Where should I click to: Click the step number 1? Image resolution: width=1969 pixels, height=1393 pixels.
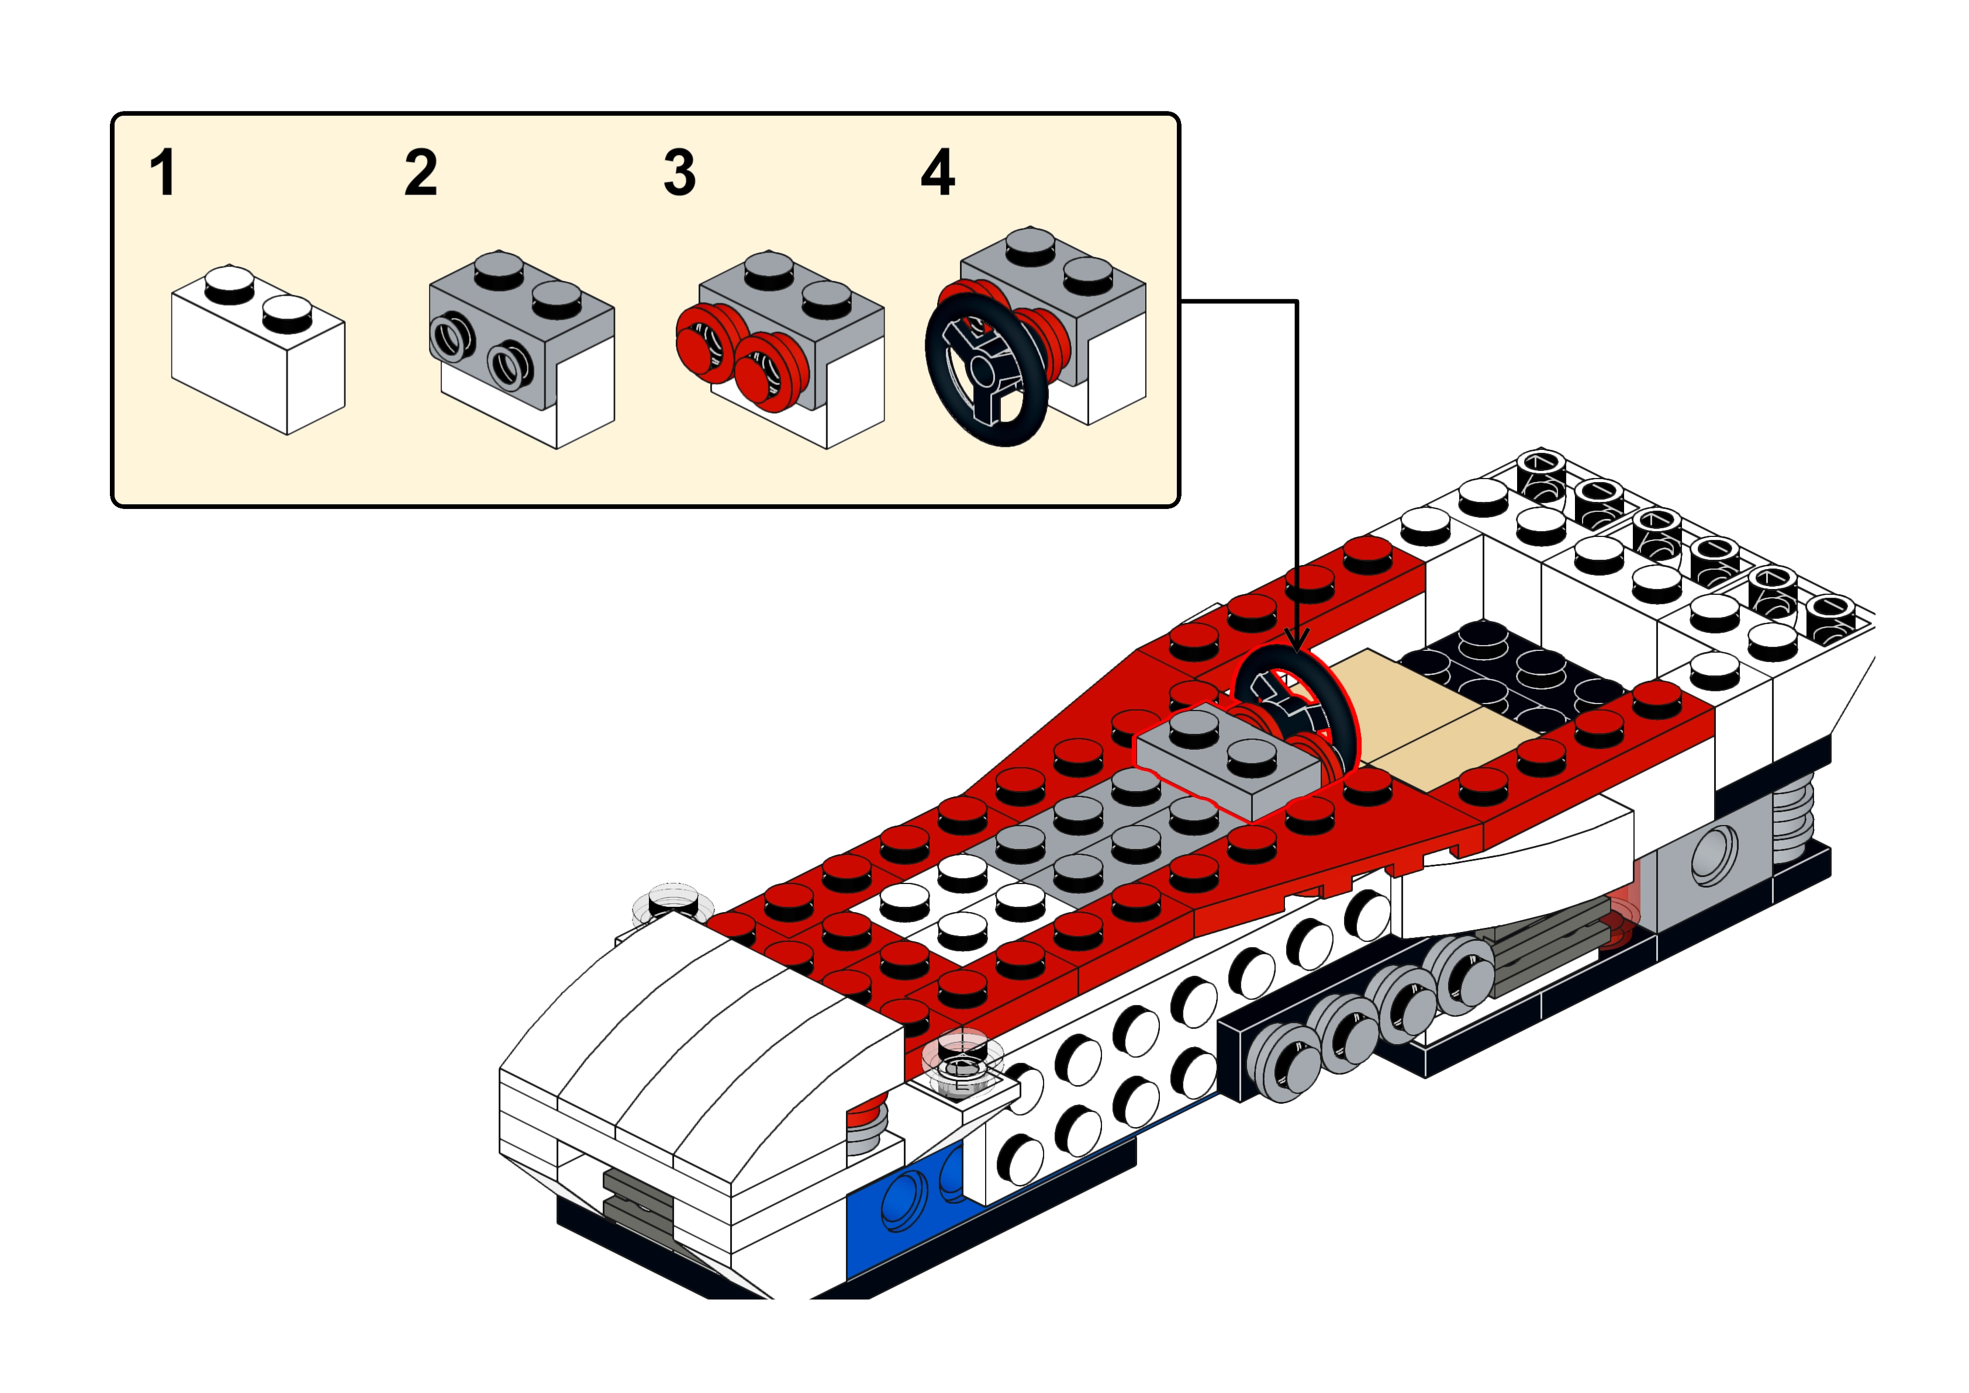pyautogui.click(x=163, y=174)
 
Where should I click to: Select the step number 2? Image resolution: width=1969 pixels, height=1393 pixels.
pyautogui.click(x=420, y=174)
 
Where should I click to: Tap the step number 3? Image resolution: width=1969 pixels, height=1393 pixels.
pyautogui.click(x=679, y=174)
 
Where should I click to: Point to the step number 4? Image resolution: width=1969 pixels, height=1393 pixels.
pyautogui.click(x=937, y=174)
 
